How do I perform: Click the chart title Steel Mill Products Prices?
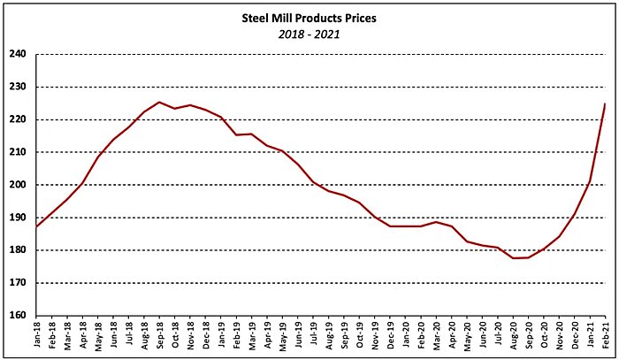309,17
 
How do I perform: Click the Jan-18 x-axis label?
36,338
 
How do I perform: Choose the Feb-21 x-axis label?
605,338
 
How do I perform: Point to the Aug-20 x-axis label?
513,338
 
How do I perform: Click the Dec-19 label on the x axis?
390,338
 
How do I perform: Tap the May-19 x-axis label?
282,338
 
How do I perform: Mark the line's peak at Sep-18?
159,102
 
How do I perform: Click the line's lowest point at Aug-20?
513,258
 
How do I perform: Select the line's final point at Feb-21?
605,104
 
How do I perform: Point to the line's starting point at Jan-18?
36,227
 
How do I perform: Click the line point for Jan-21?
590,181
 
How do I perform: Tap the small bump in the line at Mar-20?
436,222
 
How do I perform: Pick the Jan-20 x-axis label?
405,338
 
